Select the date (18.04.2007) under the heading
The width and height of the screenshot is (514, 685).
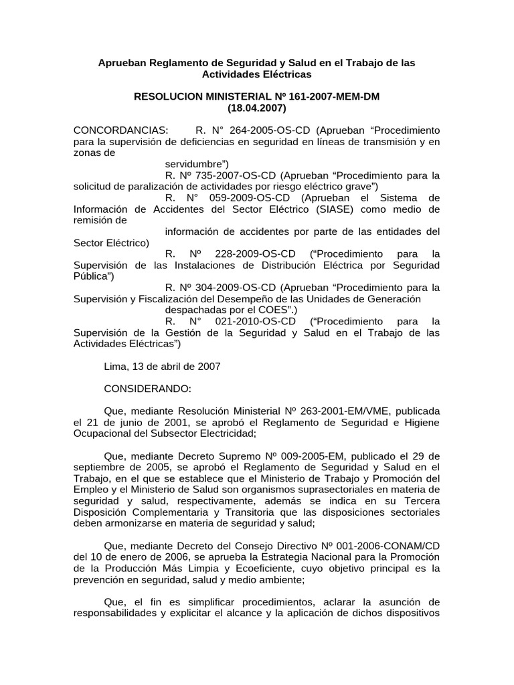(x=257, y=108)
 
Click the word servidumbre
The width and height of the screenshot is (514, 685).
(x=195, y=163)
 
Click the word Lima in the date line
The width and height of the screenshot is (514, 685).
(x=116, y=367)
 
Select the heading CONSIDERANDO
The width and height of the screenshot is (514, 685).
(x=148, y=389)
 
